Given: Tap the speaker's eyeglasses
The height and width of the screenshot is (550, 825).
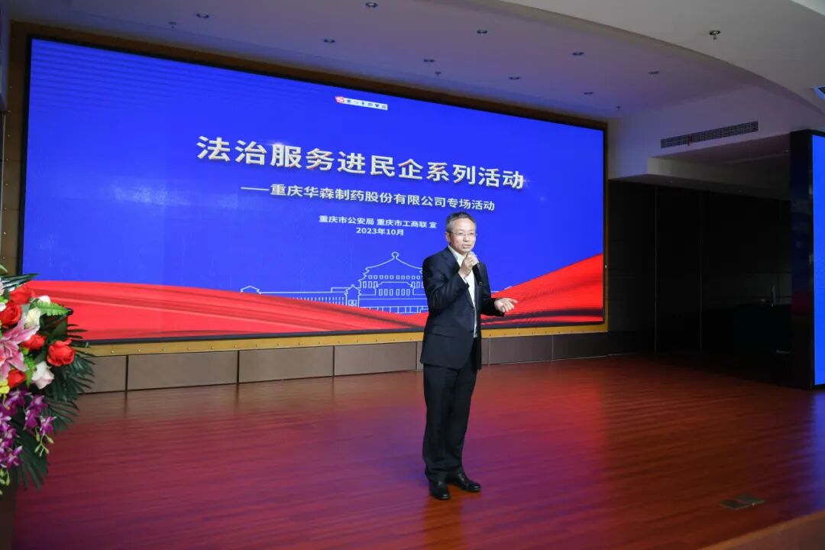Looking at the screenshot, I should click(x=463, y=234).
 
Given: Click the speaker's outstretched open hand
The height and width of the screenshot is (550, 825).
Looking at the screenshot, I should click(x=505, y=305).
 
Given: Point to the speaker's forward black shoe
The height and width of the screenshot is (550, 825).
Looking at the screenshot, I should click(x=464, y=482).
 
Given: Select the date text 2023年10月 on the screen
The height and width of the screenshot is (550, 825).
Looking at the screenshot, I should click(x=380, y=231).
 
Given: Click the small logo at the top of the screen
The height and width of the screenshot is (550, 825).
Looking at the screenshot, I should click(x=361, y=102).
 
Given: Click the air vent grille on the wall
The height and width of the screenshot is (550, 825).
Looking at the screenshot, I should click(x=709, y=134).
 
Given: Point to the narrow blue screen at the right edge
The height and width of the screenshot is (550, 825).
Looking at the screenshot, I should click(x=818, y=260).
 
